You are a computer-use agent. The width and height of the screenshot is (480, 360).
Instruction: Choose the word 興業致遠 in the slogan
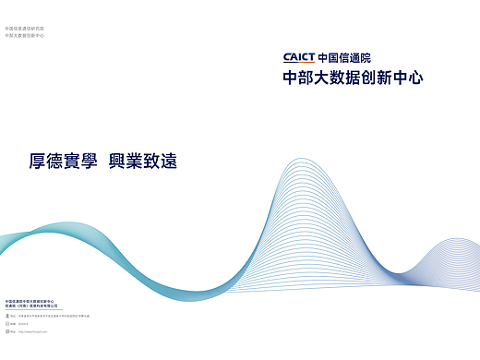(x=142, y=161)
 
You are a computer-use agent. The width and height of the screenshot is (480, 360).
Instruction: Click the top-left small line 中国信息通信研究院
(x=24, y=28)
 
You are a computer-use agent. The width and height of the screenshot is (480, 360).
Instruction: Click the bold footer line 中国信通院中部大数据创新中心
(x=30, y=300)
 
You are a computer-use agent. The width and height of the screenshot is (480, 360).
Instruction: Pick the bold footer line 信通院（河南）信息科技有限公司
(x=31, y=306)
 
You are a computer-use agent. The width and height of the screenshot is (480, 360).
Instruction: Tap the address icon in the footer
(x=6, y=316)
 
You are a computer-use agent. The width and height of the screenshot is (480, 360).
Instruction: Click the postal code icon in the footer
(x=6, y=323)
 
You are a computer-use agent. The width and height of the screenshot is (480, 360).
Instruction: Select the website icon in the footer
(x=6, y=330)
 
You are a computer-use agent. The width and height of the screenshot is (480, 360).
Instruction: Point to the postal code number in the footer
(x=23, y=323)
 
